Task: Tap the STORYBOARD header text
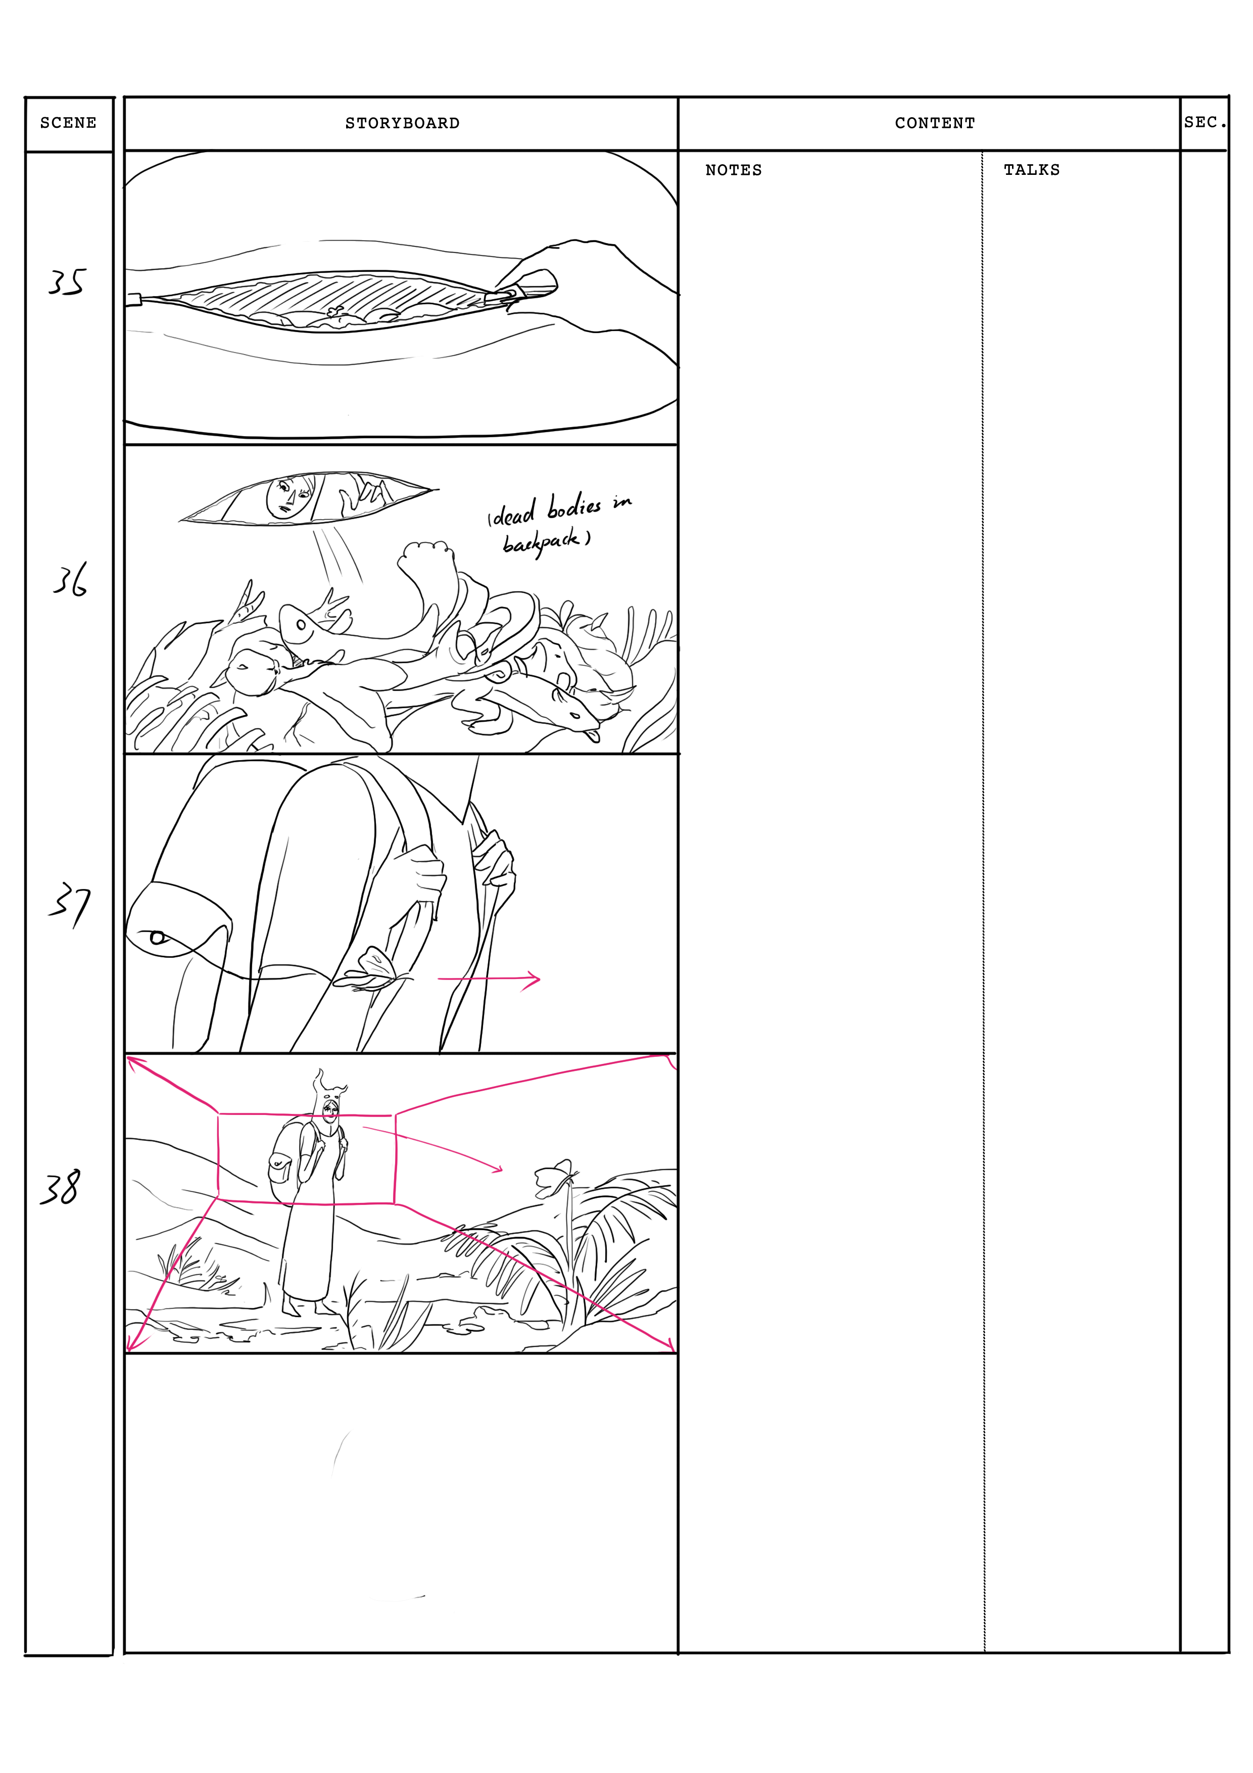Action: coord(402,123)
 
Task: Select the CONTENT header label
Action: coord(935,123)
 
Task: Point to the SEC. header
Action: coord(1205,122)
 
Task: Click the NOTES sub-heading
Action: coord(734,170)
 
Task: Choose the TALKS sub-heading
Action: coord(1031,170)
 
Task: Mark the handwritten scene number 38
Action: coord(60,1188)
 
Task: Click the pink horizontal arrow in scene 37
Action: coord(489,979)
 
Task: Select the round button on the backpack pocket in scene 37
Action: coord(158,938)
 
